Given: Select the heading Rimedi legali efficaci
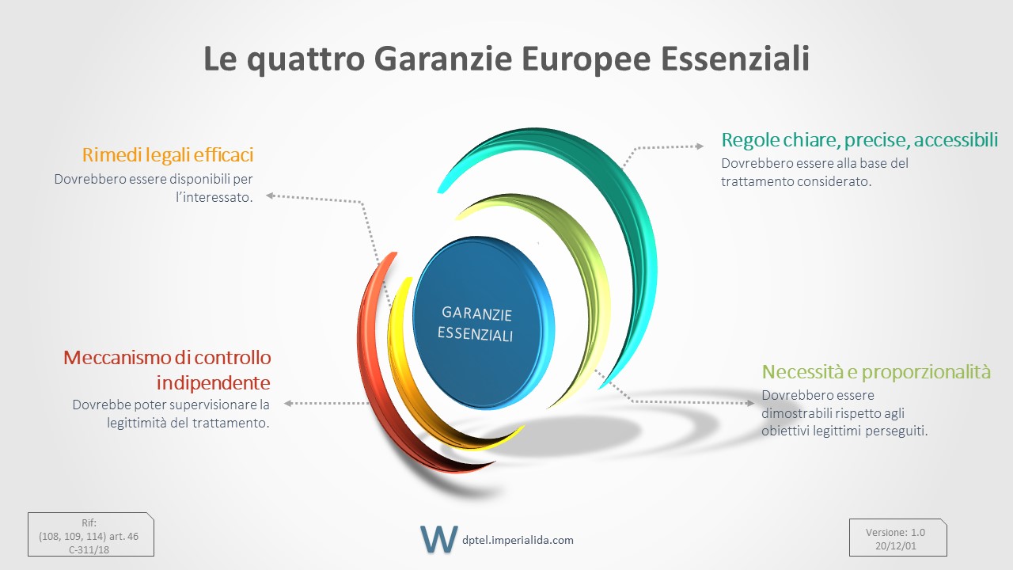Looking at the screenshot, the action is [167, 155].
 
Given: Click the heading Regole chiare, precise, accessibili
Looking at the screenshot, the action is [859, 140].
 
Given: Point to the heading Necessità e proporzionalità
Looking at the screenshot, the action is [876, 372].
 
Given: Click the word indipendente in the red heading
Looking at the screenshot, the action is [214, 383].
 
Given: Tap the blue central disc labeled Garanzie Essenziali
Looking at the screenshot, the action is [483, 323].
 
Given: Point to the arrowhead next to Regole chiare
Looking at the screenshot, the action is [700, 146].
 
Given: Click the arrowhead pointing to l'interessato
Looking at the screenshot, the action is [270, 196].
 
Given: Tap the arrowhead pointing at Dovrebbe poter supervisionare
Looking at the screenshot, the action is [288, 403].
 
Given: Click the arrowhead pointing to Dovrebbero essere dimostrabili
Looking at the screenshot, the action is [750, 403].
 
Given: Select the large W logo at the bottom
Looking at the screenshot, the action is [438, 539].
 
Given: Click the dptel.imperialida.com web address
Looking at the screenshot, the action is [518, 540].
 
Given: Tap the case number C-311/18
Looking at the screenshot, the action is [89, 549].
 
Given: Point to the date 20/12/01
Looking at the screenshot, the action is [895, 546].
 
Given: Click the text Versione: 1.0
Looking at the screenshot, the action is [895, 533].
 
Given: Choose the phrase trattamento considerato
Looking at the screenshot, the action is [796, 181].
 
